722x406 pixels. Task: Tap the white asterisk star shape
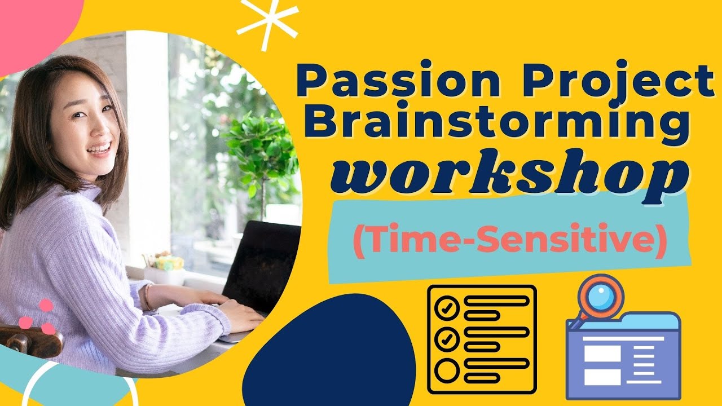[x=267, y=19]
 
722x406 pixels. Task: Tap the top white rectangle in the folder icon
[x=602, y=354]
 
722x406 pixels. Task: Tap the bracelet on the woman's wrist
[x=148, y=297]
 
